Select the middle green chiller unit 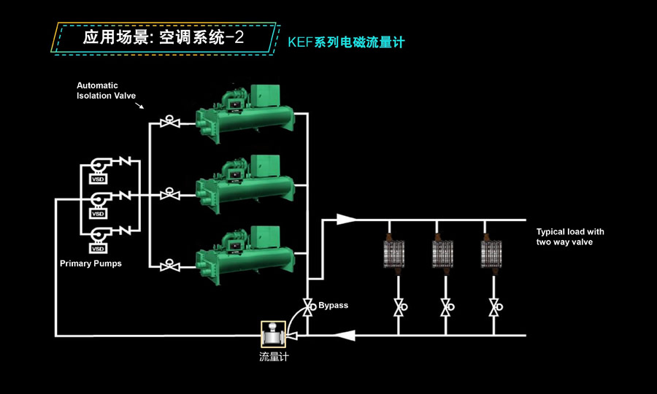(245, 187)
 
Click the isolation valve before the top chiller (171, 122)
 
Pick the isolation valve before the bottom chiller (171, 264)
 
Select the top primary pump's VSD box (98, 179)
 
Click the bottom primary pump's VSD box (98, 248)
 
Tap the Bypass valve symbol (307, 305)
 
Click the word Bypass (333, 305)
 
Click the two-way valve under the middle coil (445, 307)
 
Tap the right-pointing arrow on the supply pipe (346, 218)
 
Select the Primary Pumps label (91, 263)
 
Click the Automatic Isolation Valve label (107, 90)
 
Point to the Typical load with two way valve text (570, 236)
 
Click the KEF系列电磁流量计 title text (346, 43)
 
